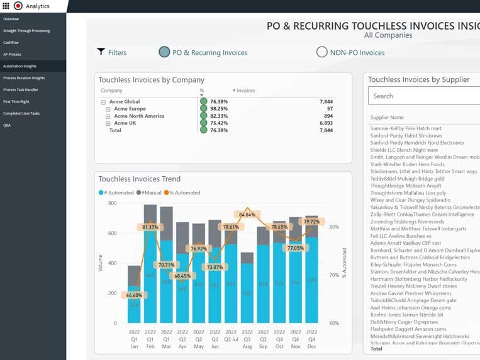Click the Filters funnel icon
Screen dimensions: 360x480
[101, 52]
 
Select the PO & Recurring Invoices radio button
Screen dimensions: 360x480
[164, 52]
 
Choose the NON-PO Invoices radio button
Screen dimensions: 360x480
[321, 52]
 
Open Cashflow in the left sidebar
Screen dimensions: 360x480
[11, 42]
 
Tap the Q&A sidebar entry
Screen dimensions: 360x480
[7, 125]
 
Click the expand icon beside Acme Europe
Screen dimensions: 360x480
[108, 109]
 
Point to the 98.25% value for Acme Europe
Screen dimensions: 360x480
[219, 109]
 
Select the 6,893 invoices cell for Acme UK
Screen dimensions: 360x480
[325, 123]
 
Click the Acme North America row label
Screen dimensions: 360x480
[137, 116]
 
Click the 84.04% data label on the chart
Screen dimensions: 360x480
[247, 215]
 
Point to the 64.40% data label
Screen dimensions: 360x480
[134, 295]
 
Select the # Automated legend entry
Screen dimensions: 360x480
[116, 193]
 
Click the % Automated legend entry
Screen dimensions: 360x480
[182, 193]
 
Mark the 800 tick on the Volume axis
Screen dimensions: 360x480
[112, 203]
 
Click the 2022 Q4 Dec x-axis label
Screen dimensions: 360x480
[311, 339]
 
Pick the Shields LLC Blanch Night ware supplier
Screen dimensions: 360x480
[404, 150]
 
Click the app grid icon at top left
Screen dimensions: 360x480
[6, 6]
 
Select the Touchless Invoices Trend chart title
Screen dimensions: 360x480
[139, 179]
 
